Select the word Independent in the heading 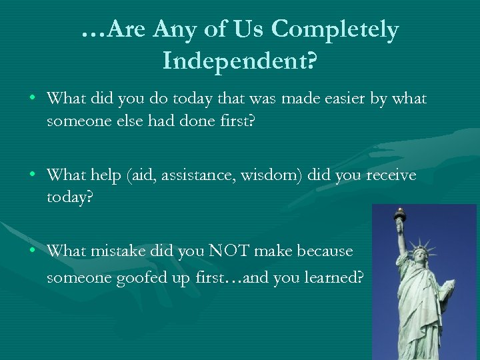click(x=234, y=62)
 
